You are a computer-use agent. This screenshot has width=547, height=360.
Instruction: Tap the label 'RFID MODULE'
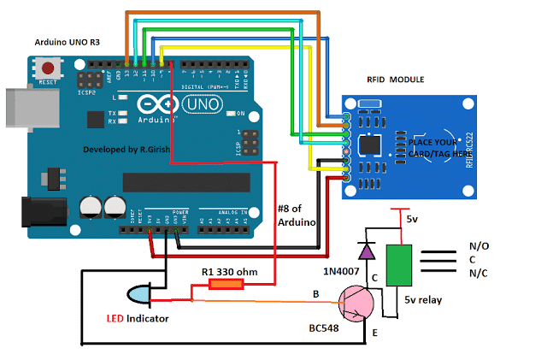tap(394, 80)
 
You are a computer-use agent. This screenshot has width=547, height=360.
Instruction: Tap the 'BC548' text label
tap(326, 328)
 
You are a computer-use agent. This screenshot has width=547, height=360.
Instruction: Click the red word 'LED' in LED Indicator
tap(115, 319)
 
